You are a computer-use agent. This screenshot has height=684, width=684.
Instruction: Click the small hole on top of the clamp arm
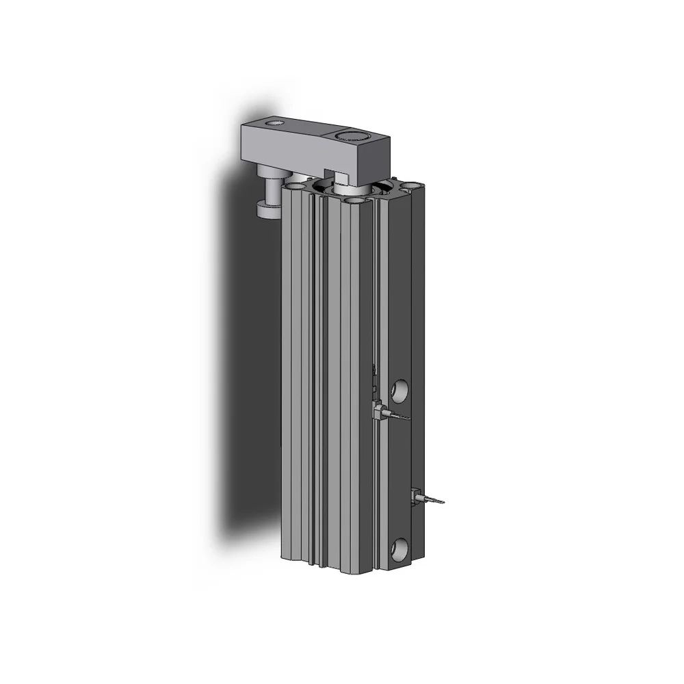275,123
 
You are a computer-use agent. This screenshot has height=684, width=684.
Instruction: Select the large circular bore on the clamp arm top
350,135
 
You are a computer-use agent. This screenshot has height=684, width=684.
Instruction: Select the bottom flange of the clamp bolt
267,208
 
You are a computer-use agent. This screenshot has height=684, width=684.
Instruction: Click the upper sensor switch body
378,410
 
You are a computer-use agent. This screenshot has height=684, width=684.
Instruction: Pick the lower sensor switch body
415,496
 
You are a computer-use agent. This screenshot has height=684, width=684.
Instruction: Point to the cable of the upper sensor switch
397,415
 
